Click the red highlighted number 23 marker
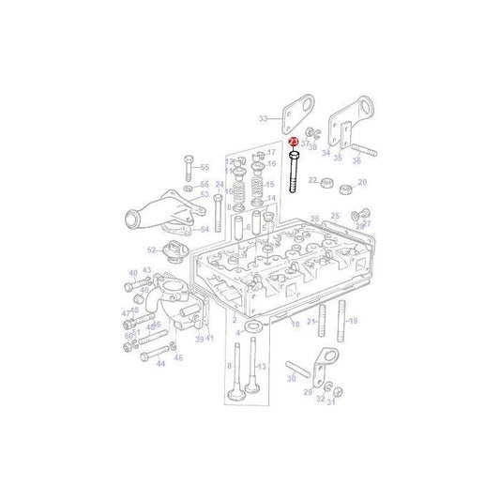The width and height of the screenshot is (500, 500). pyautogui.click(x=294, y=142)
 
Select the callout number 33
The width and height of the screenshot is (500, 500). pyautogui.click(x=263, y=118)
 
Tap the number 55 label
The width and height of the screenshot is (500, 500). pyautogui.click(x=205, y=166)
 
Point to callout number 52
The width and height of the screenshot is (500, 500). pyautogui.click(x=151, y=250)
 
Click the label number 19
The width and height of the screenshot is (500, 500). pyautogui.click(x=353, y=321)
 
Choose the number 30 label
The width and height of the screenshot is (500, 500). pyautogui.click(x=291, y=378)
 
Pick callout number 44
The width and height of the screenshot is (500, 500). pyautogui.click(x=160, y=363)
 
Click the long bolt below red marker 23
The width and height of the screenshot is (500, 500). pyautogui.click(x=295, y=174)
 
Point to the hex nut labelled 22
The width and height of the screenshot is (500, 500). pyautogui.click(x=328, y=180)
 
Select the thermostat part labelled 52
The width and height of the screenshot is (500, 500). pyautogui.click(x=171, y=248)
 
